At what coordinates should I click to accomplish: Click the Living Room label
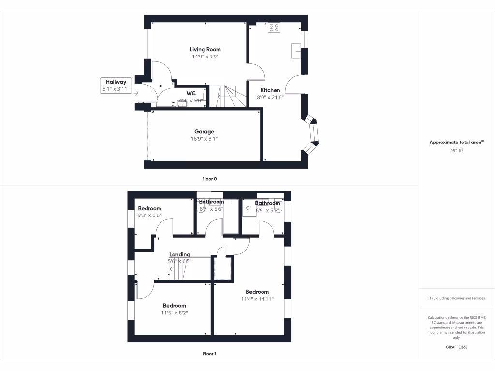point(205,49)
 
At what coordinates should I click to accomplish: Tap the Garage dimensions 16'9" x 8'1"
point(204,139)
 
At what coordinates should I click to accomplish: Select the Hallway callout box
point(116,86)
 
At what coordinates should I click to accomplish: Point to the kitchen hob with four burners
point(274,28)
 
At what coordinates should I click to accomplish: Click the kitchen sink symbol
point(295,50)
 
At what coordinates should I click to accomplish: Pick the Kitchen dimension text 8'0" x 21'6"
point(270,97)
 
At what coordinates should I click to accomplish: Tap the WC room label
point(191,93)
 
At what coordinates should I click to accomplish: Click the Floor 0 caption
point(209,179)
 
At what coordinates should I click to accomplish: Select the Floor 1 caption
point(209,354)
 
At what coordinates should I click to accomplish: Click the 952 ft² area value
point(456,150)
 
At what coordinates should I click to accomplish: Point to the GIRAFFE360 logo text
point(456,347)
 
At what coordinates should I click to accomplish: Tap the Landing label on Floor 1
point(179,254)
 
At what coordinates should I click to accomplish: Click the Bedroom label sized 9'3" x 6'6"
point(149,208)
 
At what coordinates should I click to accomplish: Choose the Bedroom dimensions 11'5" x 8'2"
point(175,313)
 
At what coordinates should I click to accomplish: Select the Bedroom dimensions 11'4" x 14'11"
point(257,299)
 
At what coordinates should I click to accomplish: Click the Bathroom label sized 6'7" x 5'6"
point(211,202)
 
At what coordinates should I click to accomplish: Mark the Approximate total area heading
point(456,143)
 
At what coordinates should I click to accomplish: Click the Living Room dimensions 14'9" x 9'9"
point(205,57)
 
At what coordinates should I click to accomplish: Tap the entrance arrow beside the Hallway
point(137,93)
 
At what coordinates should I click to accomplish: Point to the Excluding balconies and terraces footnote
point(456,298)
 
